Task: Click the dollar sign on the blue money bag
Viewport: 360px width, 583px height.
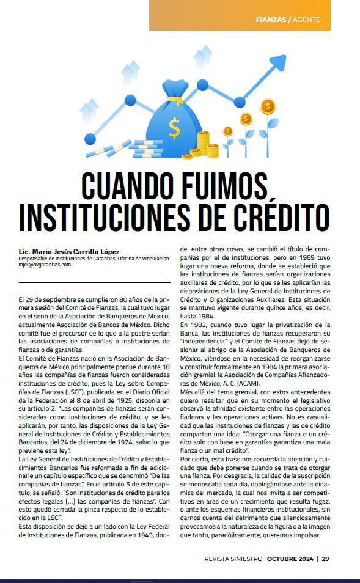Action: pyautogui.click(x=175, y=128)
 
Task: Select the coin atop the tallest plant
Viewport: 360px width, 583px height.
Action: pyautogui.click(x=267, y=107)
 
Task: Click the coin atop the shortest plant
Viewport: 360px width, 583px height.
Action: pyautogui.click(x=228, y=131)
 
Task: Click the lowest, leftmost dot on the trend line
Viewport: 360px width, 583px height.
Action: pyautogui.click(x=90, y=138)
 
